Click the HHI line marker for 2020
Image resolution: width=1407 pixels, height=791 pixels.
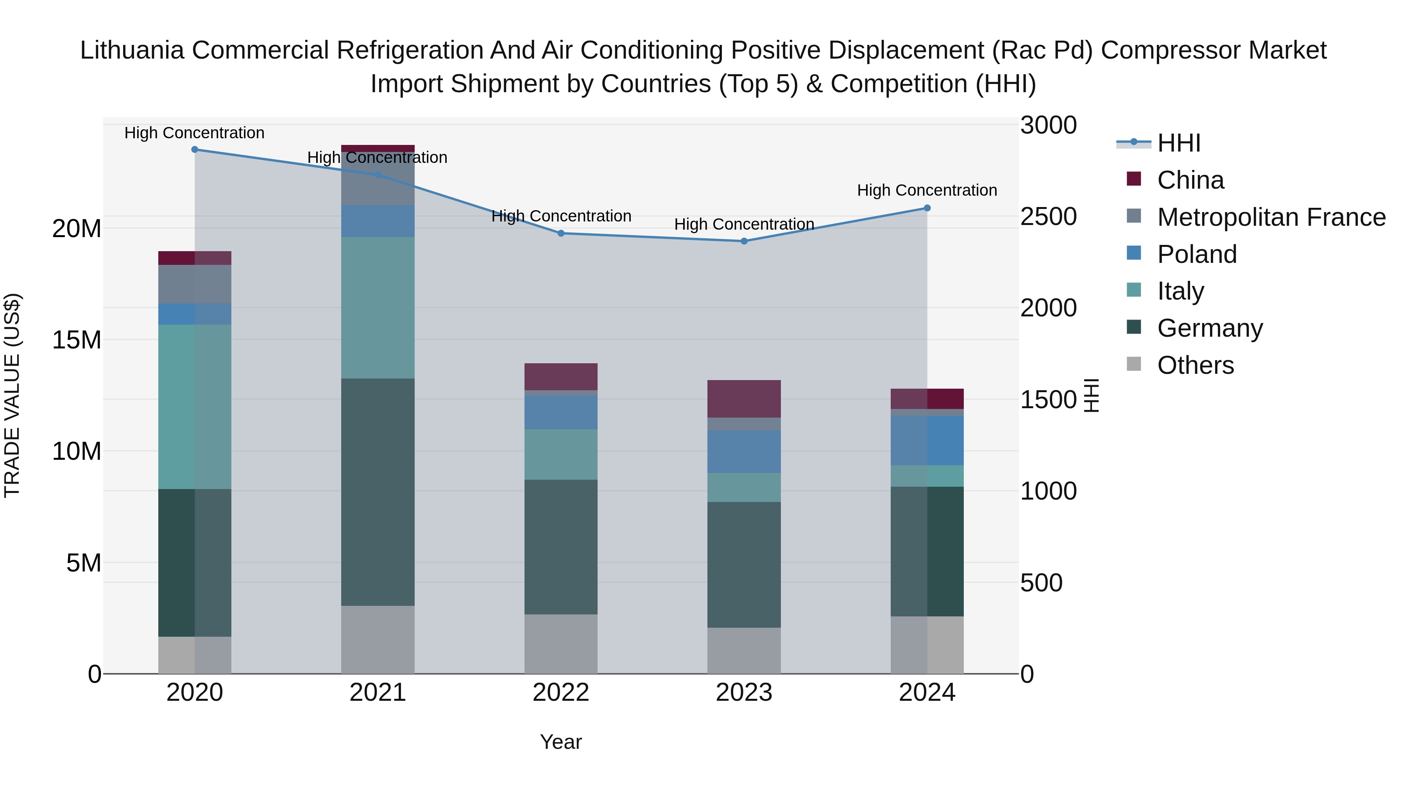point(195,150)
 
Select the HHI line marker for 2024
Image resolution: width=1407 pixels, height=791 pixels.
point(927,208)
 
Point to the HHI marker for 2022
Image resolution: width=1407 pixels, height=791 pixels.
point(561,234)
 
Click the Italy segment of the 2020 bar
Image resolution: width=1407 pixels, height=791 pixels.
point(195,407)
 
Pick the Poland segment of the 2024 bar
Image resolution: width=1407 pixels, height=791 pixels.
point(927,441)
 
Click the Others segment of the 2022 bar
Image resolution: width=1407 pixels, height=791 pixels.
point(561,644)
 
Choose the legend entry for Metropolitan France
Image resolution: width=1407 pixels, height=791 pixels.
point(1271,217)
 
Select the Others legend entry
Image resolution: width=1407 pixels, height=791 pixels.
point(1195,365)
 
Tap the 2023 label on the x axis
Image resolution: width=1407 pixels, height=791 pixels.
point(744,693)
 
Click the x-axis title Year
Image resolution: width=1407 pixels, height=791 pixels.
point(561,742)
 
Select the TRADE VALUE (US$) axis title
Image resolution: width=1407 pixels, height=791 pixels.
point(12,395)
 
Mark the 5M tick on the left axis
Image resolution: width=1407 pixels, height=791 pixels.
point(84,563)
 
